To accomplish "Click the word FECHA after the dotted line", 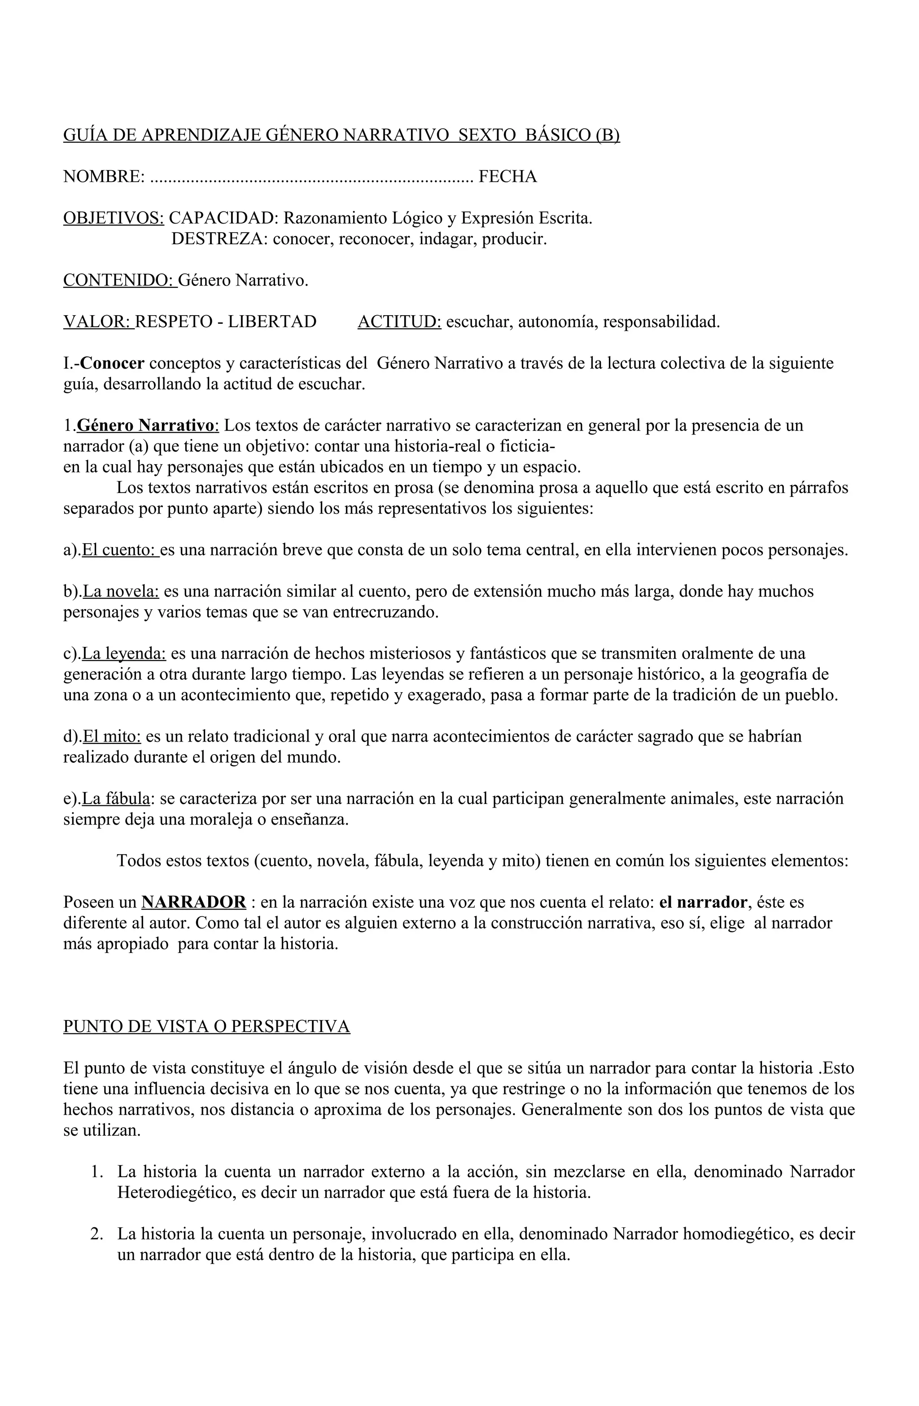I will pos(508,176).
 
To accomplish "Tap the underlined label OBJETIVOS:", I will pos(114,218).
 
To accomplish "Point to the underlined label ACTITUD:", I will pos(399,321).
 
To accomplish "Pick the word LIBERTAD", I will pos(272,321).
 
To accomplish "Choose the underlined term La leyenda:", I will pos(124,653).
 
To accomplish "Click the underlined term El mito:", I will pos(112,736).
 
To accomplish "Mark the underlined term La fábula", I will pos(116,799).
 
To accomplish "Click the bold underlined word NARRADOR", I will pos(194,902).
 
